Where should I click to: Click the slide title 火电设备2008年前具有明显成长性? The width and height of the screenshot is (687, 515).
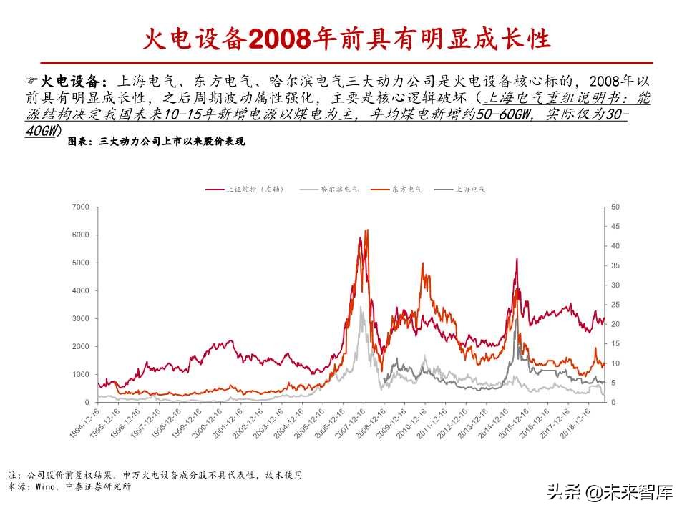[343, 38]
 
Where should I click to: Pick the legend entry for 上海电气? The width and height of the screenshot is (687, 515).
[469, 190]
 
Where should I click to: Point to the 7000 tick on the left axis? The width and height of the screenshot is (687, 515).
[81, 207]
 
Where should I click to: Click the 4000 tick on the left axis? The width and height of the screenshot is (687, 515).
[81, 290]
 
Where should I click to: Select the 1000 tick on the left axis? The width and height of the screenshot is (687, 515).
[81, 374]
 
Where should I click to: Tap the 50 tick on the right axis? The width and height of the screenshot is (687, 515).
[615, 207]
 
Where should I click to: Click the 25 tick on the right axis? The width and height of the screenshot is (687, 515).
[615, 305]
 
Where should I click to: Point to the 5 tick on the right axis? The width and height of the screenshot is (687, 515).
[613, 383]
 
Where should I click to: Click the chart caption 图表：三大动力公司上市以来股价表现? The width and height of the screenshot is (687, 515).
[155, 142]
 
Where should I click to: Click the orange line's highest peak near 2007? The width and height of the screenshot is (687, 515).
[367, 230]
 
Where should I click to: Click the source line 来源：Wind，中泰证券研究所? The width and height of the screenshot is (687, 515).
[69, 486]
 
